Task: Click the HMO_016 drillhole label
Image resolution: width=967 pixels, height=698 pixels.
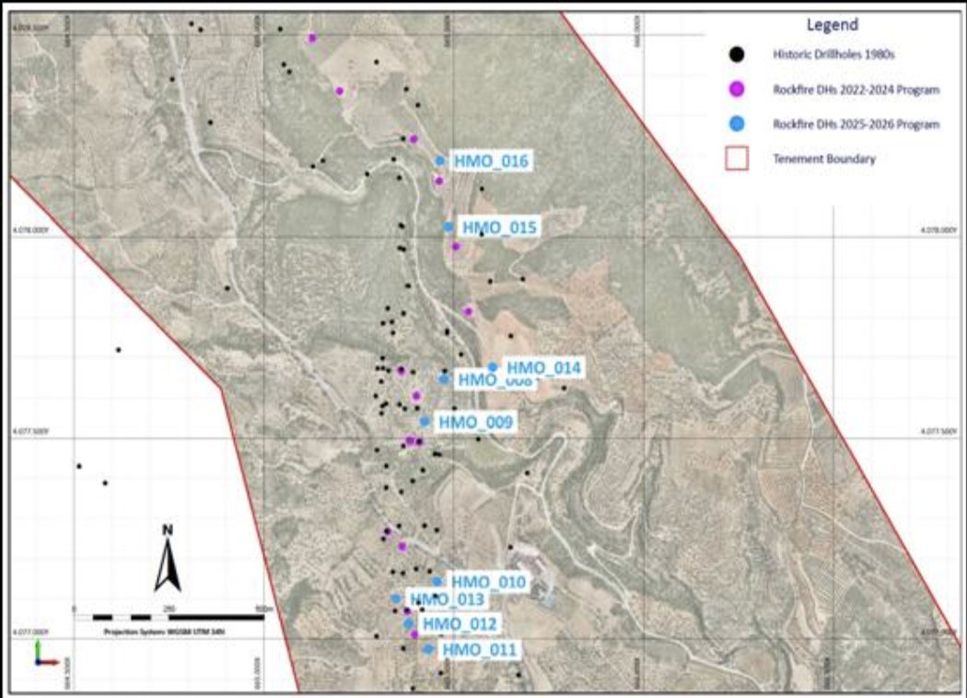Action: [x=491, y=161]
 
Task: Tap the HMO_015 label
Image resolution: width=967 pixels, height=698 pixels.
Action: [x=499, y=227]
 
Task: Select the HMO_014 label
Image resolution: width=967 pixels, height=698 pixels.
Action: [x=544, y=367]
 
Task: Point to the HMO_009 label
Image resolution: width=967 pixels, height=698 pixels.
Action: [x=475, y=422]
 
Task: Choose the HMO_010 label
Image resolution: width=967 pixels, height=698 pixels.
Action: [x=488, y=582]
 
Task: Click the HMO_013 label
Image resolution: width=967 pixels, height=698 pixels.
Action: [x=446, y=600]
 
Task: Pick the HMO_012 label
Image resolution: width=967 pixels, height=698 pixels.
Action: [x=460, y=624]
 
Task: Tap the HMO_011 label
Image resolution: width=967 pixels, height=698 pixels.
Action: [x=479, y=650]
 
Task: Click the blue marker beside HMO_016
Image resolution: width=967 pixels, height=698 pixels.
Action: [x=440, y=161]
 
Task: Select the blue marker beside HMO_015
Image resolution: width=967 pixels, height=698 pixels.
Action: [x=449, y=227]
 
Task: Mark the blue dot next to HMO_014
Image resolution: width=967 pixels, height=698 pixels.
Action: [x=493, y=366]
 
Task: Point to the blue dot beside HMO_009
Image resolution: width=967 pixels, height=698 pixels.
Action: [x=425, y=422]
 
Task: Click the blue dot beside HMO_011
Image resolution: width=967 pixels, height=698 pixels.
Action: [x=428, y=649]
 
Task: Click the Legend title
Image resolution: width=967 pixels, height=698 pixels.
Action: [x=832, y=25]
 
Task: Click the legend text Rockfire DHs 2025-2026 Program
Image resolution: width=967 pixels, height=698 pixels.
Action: [x=856, y=123]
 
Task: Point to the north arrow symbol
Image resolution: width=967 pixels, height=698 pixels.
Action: [x=167, y=563]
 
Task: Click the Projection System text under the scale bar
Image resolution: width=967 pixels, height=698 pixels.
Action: [x=165, y=633]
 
